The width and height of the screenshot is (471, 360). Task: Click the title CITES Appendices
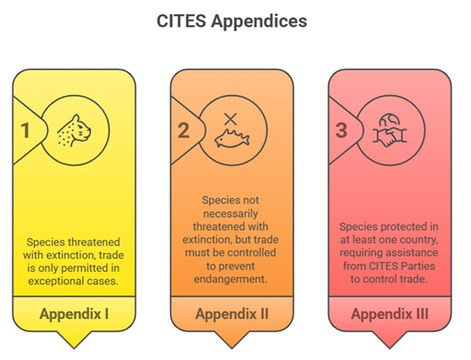tap(231, 21)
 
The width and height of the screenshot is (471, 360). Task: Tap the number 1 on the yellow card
tap(26, 130)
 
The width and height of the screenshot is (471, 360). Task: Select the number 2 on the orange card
tap(183, 130)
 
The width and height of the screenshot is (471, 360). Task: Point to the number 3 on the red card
tap(342, 130)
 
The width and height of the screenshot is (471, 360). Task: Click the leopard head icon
tap(74, 130)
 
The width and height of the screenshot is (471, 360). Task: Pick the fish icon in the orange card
tap(231, 139)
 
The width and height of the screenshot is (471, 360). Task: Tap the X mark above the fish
tap(231, 119)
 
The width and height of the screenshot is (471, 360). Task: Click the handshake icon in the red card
tap(390, 136)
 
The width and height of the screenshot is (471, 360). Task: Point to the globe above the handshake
tap(389, 119)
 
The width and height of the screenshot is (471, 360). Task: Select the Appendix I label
tap(74, 314)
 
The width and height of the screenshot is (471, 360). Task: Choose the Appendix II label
tap(231, 314)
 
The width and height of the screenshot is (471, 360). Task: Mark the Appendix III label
tap(390, 314)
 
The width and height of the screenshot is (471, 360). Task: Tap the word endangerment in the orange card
tap(231, 279)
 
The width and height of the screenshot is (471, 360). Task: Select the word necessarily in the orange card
tap(231, 214)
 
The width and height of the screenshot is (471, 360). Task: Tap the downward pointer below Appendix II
tap(231, 340)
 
